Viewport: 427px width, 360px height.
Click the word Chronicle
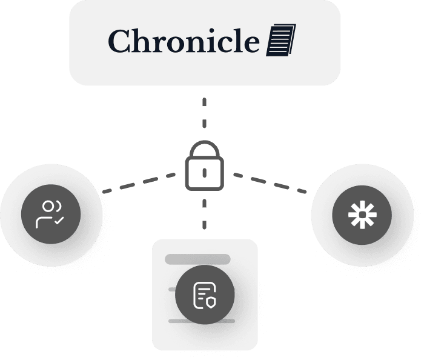coord(185,42)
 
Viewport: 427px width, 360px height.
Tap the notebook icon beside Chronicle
coord(282,41)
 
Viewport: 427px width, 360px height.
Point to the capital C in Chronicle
coord(120,42)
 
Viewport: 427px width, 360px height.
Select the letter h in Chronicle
coord(141,41)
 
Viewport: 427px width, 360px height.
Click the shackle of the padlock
coord(204,150)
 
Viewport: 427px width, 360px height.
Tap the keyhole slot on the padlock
coord(204,173)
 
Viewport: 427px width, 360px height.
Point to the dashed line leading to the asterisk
coord(270,182)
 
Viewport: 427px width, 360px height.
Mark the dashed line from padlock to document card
coord(204,215)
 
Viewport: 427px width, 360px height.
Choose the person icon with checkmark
coord(51,214)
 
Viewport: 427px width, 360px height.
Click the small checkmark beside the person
coord(59,222)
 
